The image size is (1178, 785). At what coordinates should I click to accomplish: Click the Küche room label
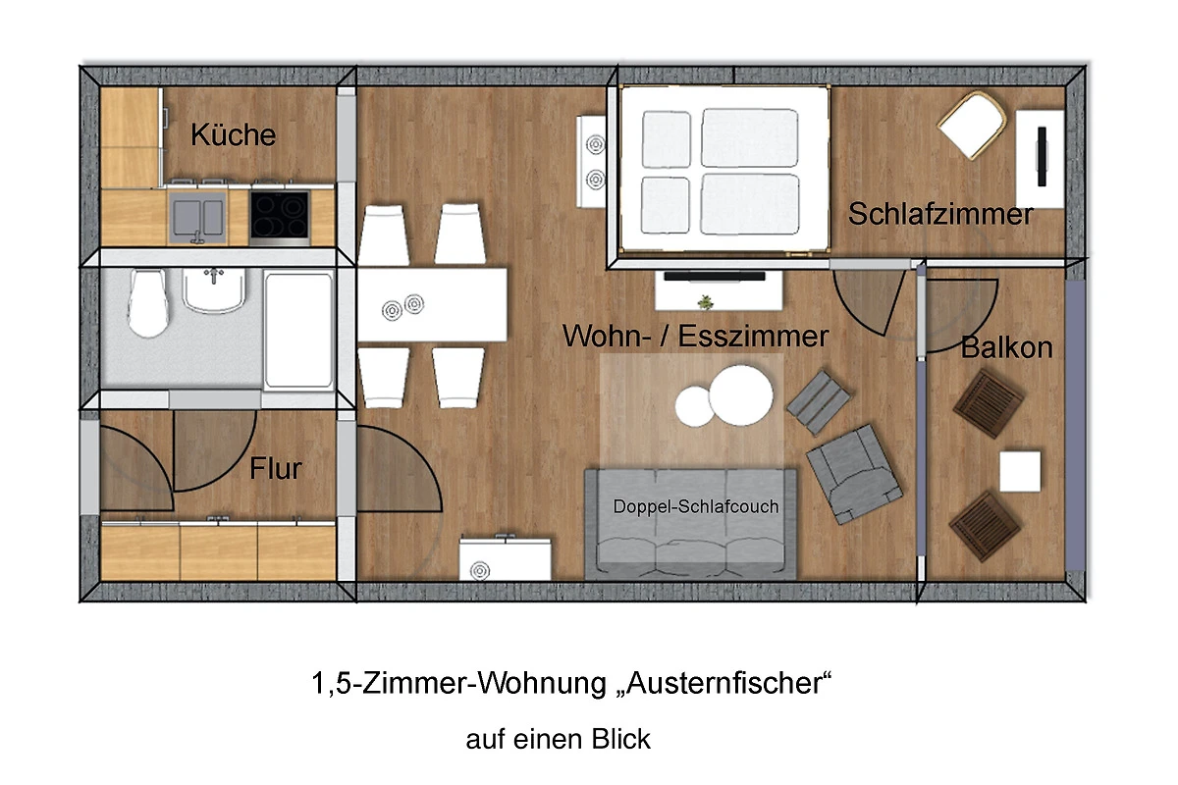tap(233, 134)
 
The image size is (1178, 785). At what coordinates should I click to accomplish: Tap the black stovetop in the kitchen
tap(279, 215)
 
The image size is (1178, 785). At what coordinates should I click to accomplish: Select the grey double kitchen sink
tap(198, 218)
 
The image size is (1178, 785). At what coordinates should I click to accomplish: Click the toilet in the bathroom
tap(149, 303)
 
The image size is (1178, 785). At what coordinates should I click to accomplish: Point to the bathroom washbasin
tap(214, 290)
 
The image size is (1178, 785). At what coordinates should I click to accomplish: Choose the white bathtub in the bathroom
tap(298, 330)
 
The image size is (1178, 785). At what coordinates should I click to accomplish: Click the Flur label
tap(276, 468)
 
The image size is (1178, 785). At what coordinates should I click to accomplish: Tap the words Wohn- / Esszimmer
tap(695, 336)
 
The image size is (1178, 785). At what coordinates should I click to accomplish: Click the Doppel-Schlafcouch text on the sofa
tap(696, 506)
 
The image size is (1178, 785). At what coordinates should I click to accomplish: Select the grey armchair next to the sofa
tap(854, 474)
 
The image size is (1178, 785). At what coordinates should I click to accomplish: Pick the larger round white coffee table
tap(740, 395)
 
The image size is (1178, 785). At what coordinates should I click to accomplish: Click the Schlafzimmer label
tap(940, 214)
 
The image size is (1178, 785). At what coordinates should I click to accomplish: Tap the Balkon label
tap(1006, 347)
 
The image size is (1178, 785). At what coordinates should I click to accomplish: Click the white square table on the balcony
tap(1020, 471)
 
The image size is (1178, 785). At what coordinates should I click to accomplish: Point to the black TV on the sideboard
tap(715, 276)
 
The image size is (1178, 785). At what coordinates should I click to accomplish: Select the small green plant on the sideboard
tap(705, 302)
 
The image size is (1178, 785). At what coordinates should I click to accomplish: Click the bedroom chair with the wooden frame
tap(972, 125)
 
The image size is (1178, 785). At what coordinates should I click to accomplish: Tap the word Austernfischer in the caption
tap(724, 683)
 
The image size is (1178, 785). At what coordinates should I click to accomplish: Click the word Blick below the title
tap(620, 739)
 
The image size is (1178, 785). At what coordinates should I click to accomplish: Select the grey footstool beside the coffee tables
tap(819, 402)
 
